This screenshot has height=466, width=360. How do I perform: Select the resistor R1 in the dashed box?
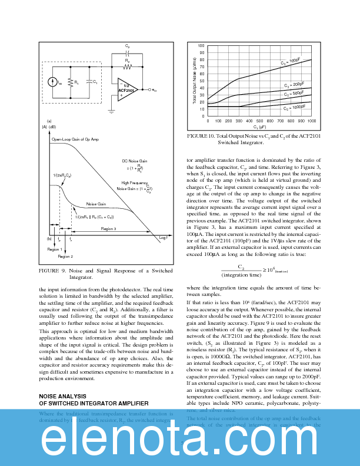tap(70, 83)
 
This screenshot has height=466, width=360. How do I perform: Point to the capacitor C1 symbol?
tap(88, 82)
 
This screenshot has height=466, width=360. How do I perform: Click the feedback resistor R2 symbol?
tap(128, 64)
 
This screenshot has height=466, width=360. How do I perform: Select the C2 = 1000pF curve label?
tap(294, 108)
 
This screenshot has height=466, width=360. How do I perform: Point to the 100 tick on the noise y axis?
tap(202, 46)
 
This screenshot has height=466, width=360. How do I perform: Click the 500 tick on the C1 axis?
tap(259, 121)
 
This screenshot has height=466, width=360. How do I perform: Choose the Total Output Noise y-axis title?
tap(195, 81)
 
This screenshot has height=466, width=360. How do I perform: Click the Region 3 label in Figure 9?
tap(108, 228)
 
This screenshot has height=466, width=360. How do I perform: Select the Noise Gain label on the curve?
tap(95, 204)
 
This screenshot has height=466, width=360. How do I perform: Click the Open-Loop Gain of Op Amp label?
tap(75, 139)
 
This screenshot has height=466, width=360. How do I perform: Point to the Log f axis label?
tap(164, 238)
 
